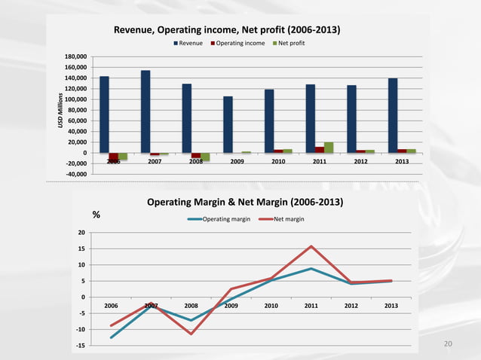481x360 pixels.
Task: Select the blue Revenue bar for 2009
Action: coord(228,124)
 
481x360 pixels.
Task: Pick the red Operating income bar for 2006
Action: coord(114,157)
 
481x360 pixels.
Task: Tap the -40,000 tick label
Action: coord(76,174)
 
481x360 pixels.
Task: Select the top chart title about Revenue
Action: coord(226,30)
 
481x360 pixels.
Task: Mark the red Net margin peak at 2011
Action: coord(311,246)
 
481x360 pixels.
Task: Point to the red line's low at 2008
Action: coord(191,334)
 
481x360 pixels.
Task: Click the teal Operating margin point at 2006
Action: coord(111,337)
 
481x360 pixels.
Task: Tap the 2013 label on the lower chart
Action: coord(391,305)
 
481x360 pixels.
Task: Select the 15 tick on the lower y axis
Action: coord(80,249)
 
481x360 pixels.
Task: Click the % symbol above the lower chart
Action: coord(97,215)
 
